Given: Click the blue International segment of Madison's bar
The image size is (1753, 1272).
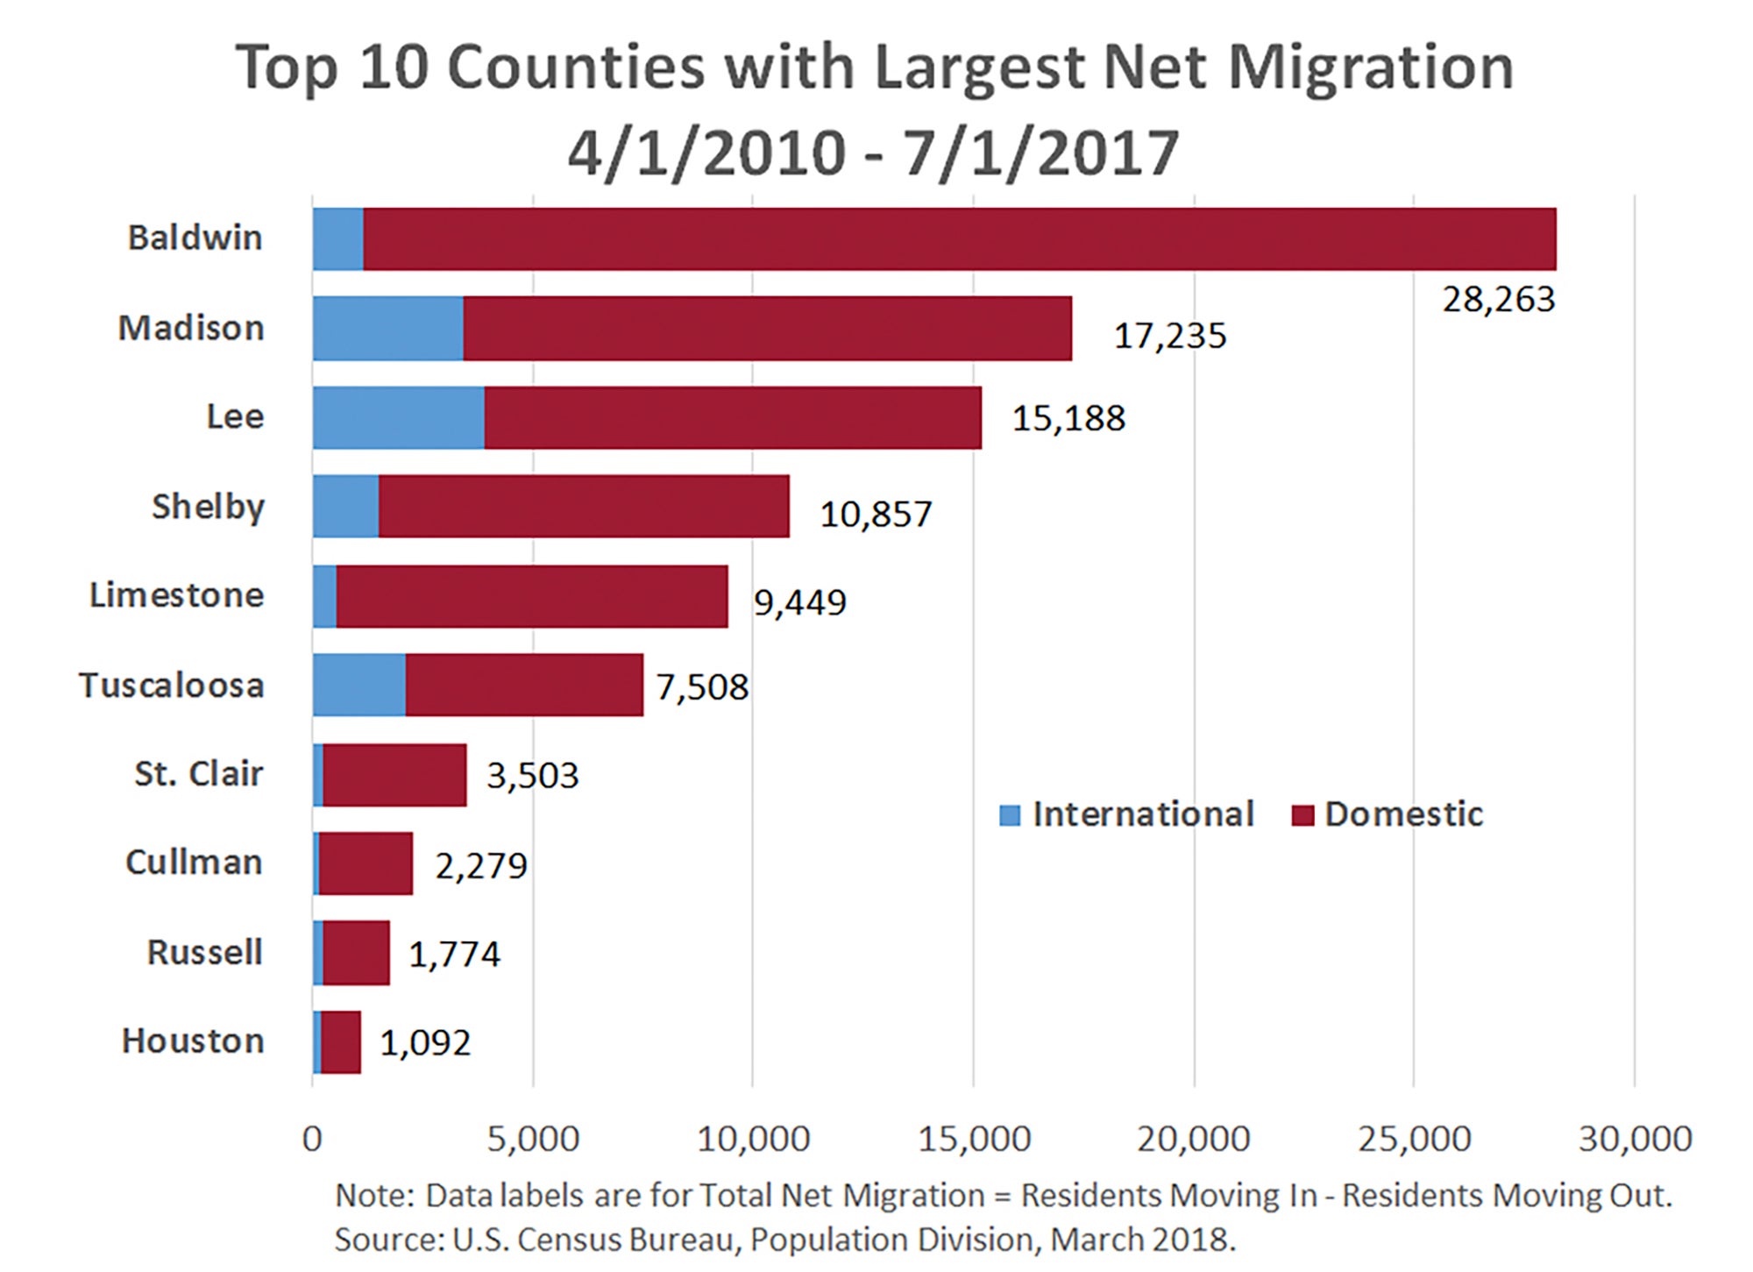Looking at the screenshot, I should tap(387, 328).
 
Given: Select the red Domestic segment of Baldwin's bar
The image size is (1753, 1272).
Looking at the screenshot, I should tap(959, 238).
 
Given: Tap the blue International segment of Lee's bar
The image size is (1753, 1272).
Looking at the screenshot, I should tap(398, 417).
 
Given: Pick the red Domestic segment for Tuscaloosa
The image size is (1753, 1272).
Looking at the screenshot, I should tap(524, 685).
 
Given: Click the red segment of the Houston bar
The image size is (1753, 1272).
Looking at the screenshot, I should tap(341, 1041).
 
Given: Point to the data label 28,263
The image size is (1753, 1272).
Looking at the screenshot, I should tap(1498, 300).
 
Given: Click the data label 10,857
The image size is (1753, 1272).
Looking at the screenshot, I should tap(875, 514).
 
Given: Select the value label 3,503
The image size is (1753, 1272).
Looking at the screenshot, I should tap(532, 776).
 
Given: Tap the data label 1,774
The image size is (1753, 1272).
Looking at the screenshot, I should tap(454, 954).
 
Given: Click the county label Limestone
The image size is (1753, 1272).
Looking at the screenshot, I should tap(177, 595).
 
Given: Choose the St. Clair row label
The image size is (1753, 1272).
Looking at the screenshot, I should tap(198, 773).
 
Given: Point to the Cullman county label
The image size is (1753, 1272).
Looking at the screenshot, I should tap(194, 862).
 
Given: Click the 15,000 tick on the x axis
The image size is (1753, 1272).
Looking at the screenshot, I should tap(974, 1139).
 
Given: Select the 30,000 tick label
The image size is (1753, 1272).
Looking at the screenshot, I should tap(1635, 1139).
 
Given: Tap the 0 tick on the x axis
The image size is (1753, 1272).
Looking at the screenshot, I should tap(312, 1139).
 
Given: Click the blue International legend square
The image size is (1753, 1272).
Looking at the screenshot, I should tap(1010, 815).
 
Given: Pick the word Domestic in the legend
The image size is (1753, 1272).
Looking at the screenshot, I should tap(1403, 814).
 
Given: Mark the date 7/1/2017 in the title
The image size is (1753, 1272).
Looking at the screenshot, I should tap(1040, 153).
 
